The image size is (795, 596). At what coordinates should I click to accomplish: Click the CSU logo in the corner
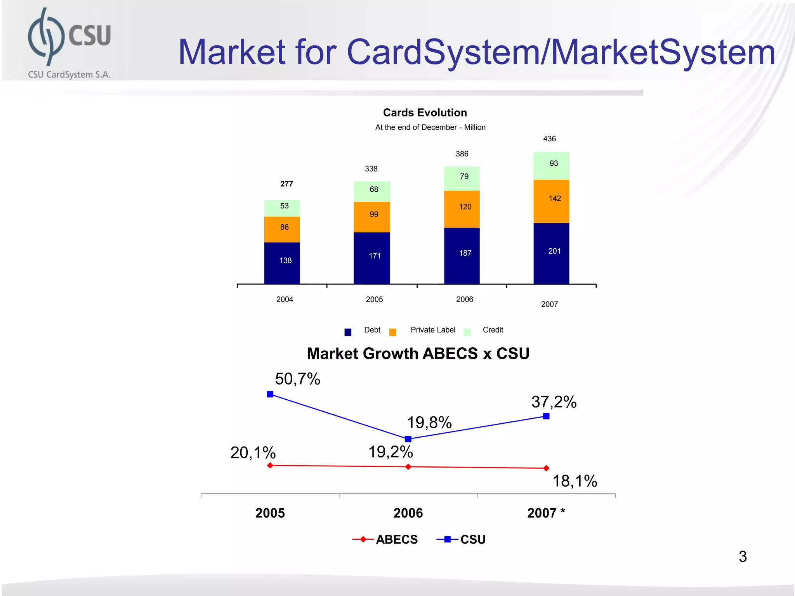coord(69,43)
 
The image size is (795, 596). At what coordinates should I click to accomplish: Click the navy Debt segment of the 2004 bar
coord(282,263)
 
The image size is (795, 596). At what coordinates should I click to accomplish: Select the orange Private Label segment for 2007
coord(551,201)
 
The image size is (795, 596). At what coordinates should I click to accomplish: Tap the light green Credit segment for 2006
coord(462,178)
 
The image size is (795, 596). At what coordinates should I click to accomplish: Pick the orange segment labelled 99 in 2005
coord(371,217)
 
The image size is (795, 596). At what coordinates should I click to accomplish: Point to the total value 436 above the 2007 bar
coord(549,139)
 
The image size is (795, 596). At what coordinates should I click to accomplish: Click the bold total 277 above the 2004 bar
coord(286,184)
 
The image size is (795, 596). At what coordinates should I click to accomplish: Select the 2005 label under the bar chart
coord(374,300)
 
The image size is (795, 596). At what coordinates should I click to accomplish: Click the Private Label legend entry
coord(432,330)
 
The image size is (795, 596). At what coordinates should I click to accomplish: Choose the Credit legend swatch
coord(467,332)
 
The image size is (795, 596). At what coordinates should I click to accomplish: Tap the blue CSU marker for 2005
coord(270,394)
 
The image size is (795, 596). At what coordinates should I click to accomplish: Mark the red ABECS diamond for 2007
coord(546,468)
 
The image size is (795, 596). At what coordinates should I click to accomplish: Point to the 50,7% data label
coord(297,379)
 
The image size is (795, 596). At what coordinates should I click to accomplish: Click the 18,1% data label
coord(575,481)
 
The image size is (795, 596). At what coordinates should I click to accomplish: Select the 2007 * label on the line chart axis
coord(546,513)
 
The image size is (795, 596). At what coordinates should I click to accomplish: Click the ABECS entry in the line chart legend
coord(396,539)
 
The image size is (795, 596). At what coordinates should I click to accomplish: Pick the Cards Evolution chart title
coord(425,113)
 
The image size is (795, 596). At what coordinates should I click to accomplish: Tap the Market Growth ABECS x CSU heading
coord(418,353)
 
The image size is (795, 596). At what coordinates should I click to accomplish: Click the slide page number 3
coord(743,556)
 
